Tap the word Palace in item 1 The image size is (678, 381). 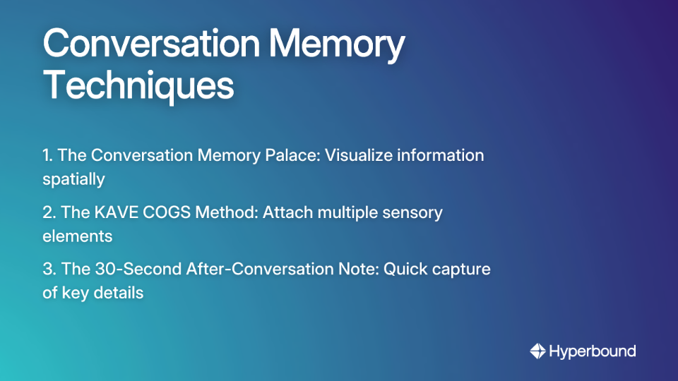click(290, 155)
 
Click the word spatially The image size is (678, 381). click(73, 179)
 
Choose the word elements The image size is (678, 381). click(77, 236)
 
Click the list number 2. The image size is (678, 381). click(47, 212)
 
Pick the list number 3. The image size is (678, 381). click(47, 269)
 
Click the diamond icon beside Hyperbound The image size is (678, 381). click(537, 351)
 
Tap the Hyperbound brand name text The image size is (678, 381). click(593, 351)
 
